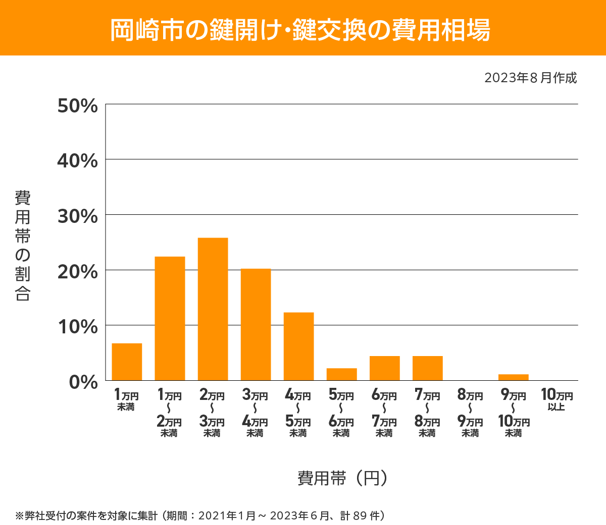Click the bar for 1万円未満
(127, 362)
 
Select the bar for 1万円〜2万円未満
(170, 318)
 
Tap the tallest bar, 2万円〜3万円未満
(213, 309)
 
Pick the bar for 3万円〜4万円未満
(256, 324)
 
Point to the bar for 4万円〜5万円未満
(298, 346)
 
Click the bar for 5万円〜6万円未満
(341, 374)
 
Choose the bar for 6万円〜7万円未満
(384, 368)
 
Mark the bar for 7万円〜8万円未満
(427, 368)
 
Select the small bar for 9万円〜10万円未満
(513, 377)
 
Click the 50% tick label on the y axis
(78, 106)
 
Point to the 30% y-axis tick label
(78, 216)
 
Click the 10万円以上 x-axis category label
(557, 400)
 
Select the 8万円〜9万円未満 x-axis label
(470, 414)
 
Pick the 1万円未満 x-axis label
(126, 400)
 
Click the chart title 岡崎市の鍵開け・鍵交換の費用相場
(300, 30)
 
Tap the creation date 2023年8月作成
(530, 78)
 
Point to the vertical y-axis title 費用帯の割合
(23, 246)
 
